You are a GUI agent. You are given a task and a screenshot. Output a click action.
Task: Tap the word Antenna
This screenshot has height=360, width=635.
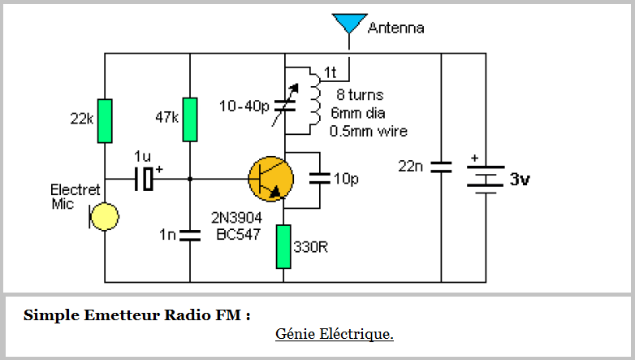tap(395, 28)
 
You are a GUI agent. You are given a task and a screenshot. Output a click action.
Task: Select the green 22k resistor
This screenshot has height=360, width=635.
tap(105, 119)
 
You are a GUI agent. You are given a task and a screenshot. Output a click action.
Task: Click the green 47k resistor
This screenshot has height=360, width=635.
tap(190, 119)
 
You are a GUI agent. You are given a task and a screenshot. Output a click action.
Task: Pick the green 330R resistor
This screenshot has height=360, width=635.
tap(283, 246)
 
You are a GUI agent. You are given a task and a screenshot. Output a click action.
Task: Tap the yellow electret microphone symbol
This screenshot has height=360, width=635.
tap(105, 217)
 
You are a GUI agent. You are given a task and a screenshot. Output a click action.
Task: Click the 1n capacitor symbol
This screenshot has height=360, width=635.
tap(190, 235)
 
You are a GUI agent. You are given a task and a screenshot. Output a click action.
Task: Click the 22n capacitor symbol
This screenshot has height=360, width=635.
tap(441, 167)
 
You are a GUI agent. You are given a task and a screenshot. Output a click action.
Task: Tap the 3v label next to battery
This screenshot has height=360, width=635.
tap(520, 180)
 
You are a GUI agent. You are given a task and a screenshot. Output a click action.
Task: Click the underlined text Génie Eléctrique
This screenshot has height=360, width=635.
tap(335, 333)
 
